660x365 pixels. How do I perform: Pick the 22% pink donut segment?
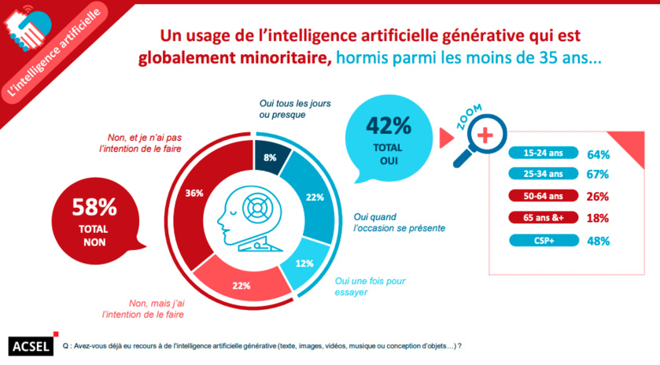pyautogui.click(x=241, y=284)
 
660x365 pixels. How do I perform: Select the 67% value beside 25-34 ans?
pyautogui.click(x=599, y=175)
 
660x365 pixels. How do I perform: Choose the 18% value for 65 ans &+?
pyautogui.click(x=599, y=219)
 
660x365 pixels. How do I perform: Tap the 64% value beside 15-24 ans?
pyautogui.click(x=599, y=153)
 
